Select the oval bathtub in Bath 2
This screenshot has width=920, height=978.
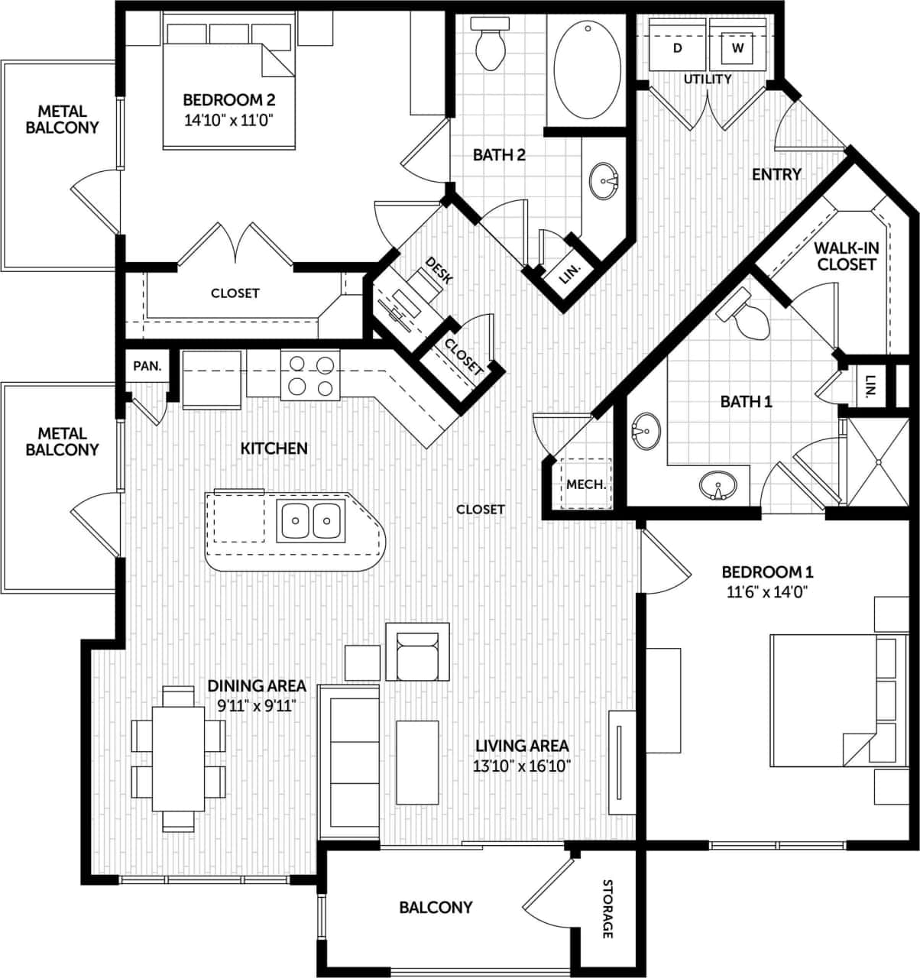click(x=587, y=70)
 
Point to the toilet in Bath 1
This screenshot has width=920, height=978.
click(x=748, y=320)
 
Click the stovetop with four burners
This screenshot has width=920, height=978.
click(x=309, y=374)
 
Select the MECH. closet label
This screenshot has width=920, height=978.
click(x=586, y=484)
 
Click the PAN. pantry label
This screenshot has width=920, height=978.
click(x=147, y=366)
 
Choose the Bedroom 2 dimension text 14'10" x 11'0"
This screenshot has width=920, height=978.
click(x=228, y=119)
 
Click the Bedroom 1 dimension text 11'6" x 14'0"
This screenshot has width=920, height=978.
click(x=767, y=591)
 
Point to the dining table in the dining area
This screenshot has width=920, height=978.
click(x=178, y=759)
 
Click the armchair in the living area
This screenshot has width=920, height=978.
click(x=417, y=653)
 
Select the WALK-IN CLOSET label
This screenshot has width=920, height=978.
click(x=844, y=256)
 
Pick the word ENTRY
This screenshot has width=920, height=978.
click(x=776, y=174)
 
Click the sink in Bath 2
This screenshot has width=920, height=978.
click(x=607, y=181)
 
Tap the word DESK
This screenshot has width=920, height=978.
click(x=439, y=270)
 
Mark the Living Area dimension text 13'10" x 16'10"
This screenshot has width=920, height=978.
click(x=522, y=766)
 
